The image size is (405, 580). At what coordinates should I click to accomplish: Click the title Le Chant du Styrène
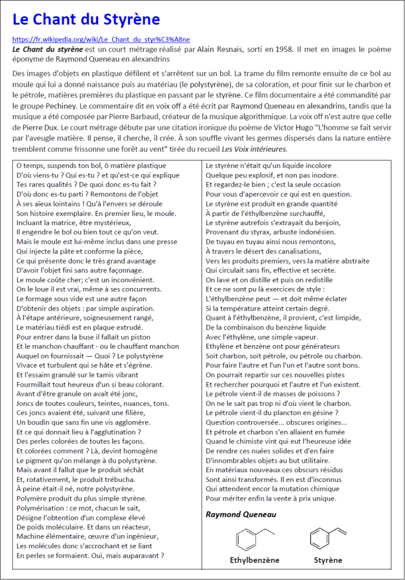pos(86,20)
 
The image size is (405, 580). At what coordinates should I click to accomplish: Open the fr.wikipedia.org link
pos(101,40)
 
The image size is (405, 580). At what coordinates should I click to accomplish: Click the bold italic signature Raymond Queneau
pos(241,514)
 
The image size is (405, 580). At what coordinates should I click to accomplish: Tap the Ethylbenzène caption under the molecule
pos(254,560)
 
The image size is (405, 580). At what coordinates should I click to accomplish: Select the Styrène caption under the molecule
pos(328,560)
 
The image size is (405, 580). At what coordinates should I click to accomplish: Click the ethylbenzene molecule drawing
pos(254,537)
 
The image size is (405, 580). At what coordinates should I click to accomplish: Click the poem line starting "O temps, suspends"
pos(91,166)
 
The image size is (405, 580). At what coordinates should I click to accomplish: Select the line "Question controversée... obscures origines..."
pos(276,422)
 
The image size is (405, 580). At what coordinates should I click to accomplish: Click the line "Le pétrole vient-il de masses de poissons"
pos(273,393)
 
